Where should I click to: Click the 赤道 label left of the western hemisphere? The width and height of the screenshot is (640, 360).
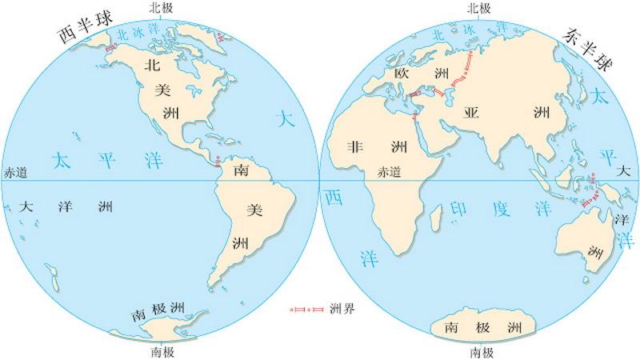tap(16, 172)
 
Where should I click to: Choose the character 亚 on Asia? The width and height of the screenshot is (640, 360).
tap(471, 112)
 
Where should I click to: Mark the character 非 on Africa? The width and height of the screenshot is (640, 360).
tap(354, 147)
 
